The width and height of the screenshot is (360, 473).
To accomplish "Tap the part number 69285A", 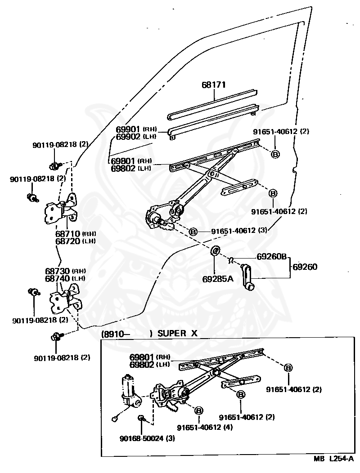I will point(217,279).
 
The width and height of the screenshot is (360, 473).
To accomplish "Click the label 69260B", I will point(271,257).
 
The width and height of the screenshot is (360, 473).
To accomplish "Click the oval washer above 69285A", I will point(216,250).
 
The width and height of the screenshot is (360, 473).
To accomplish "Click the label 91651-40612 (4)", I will point(204,427).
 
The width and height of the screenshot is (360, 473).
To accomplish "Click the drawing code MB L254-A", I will point(333,460).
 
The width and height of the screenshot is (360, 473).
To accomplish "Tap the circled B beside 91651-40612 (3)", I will point(193,232).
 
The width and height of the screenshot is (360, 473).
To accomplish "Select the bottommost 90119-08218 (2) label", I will point(62,358).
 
